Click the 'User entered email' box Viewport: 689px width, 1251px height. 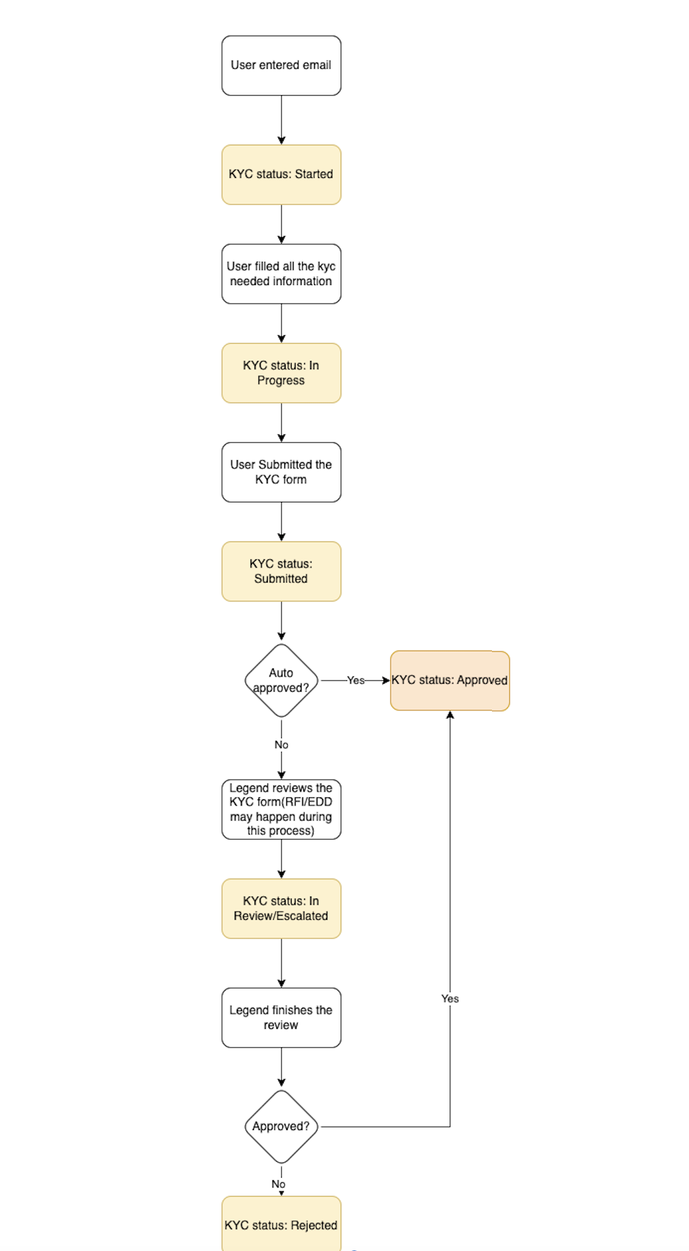click(x=281, y=65)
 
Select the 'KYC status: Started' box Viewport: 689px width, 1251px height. click(x=281, y=175)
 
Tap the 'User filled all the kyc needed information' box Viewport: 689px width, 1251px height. click(x=281, y=274)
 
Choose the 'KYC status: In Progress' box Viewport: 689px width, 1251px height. click(x=281, y=373)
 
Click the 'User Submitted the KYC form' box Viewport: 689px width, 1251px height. click(x=281, y=472)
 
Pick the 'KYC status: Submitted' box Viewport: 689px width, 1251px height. click(x=281, y=571)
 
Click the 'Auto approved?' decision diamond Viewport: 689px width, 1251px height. click(x=281, y=680)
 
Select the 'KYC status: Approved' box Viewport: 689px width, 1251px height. click(x=450, y=680)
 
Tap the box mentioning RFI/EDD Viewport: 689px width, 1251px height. click(x=281, y=809)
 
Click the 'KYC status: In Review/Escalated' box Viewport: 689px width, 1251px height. click(x=281, y=908)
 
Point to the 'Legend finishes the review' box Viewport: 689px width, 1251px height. click(x=281, y=1018)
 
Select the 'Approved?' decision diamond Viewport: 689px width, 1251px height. click(x=281, y=1127)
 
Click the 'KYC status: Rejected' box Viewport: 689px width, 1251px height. click(x=281, y=1224)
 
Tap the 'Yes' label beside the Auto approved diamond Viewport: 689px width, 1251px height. click(x=356, y=680)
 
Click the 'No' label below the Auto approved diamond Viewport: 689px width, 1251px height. click(x=282, y=745)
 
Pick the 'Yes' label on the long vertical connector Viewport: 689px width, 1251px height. click(x=450, y=998)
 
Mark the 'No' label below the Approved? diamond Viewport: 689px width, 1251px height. click(x=278, y=1184)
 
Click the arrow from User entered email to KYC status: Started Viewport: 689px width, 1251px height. click(x=282, y=120)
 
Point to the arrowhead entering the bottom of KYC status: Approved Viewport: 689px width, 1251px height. click(x=450, y=715)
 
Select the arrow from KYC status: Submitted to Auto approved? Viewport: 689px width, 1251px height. click(x=282, y=622)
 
